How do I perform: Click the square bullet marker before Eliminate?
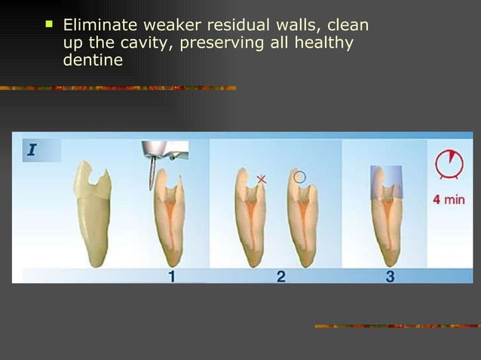point(49,25)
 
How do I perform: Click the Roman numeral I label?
point(32,150)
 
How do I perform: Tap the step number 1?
point(172,276)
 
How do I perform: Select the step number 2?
point(281,276)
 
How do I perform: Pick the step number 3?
point(390,276)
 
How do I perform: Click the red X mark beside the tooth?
point(262,179)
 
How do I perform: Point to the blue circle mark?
point(299,177)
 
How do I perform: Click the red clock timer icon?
point(449,165)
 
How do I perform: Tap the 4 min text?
point(449,200)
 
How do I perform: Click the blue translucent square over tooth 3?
point(386,182)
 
